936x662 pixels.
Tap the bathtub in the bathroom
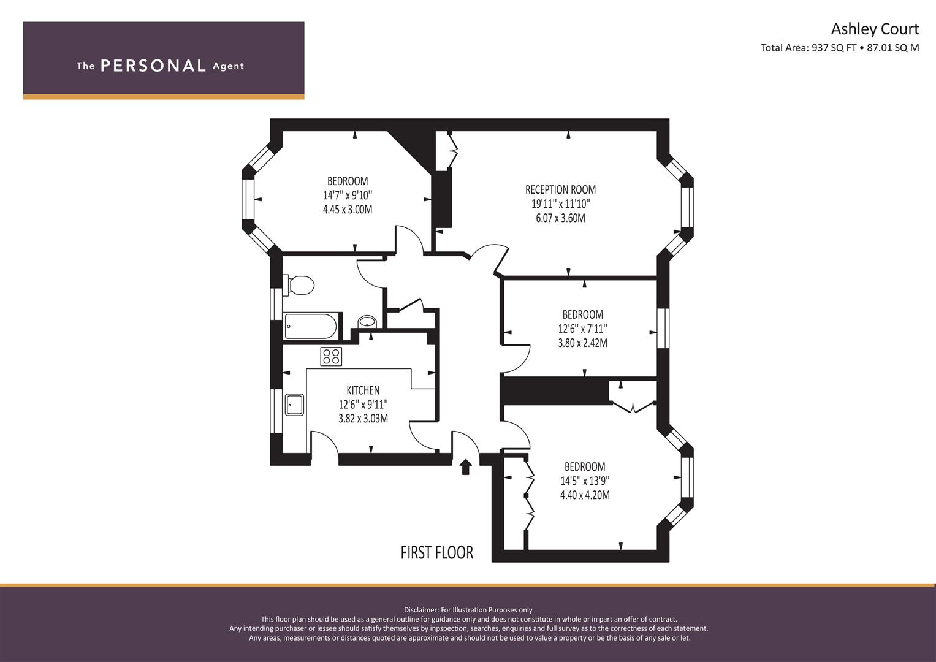[310, 326]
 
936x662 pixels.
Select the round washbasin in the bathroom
[367, 322]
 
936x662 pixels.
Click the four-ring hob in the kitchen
[332, 356]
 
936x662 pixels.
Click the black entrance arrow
[465, 467]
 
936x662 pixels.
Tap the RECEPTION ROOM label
[560, 190]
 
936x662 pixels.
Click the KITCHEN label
[363, 390]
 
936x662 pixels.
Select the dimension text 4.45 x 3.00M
[347, 210]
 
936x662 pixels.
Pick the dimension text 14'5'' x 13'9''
[585, 481]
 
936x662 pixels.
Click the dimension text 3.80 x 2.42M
[582, 343]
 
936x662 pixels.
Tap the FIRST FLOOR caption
[436, 553]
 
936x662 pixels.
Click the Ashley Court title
[875, 29]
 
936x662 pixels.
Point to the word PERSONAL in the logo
[153, 66]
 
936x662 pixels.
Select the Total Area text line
[840, 48]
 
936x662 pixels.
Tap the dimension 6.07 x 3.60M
[560, 218]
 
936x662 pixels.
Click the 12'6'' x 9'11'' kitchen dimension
[363, 405]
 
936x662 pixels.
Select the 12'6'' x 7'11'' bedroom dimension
[582, 329]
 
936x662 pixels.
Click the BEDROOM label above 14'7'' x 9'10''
[348, 181]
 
